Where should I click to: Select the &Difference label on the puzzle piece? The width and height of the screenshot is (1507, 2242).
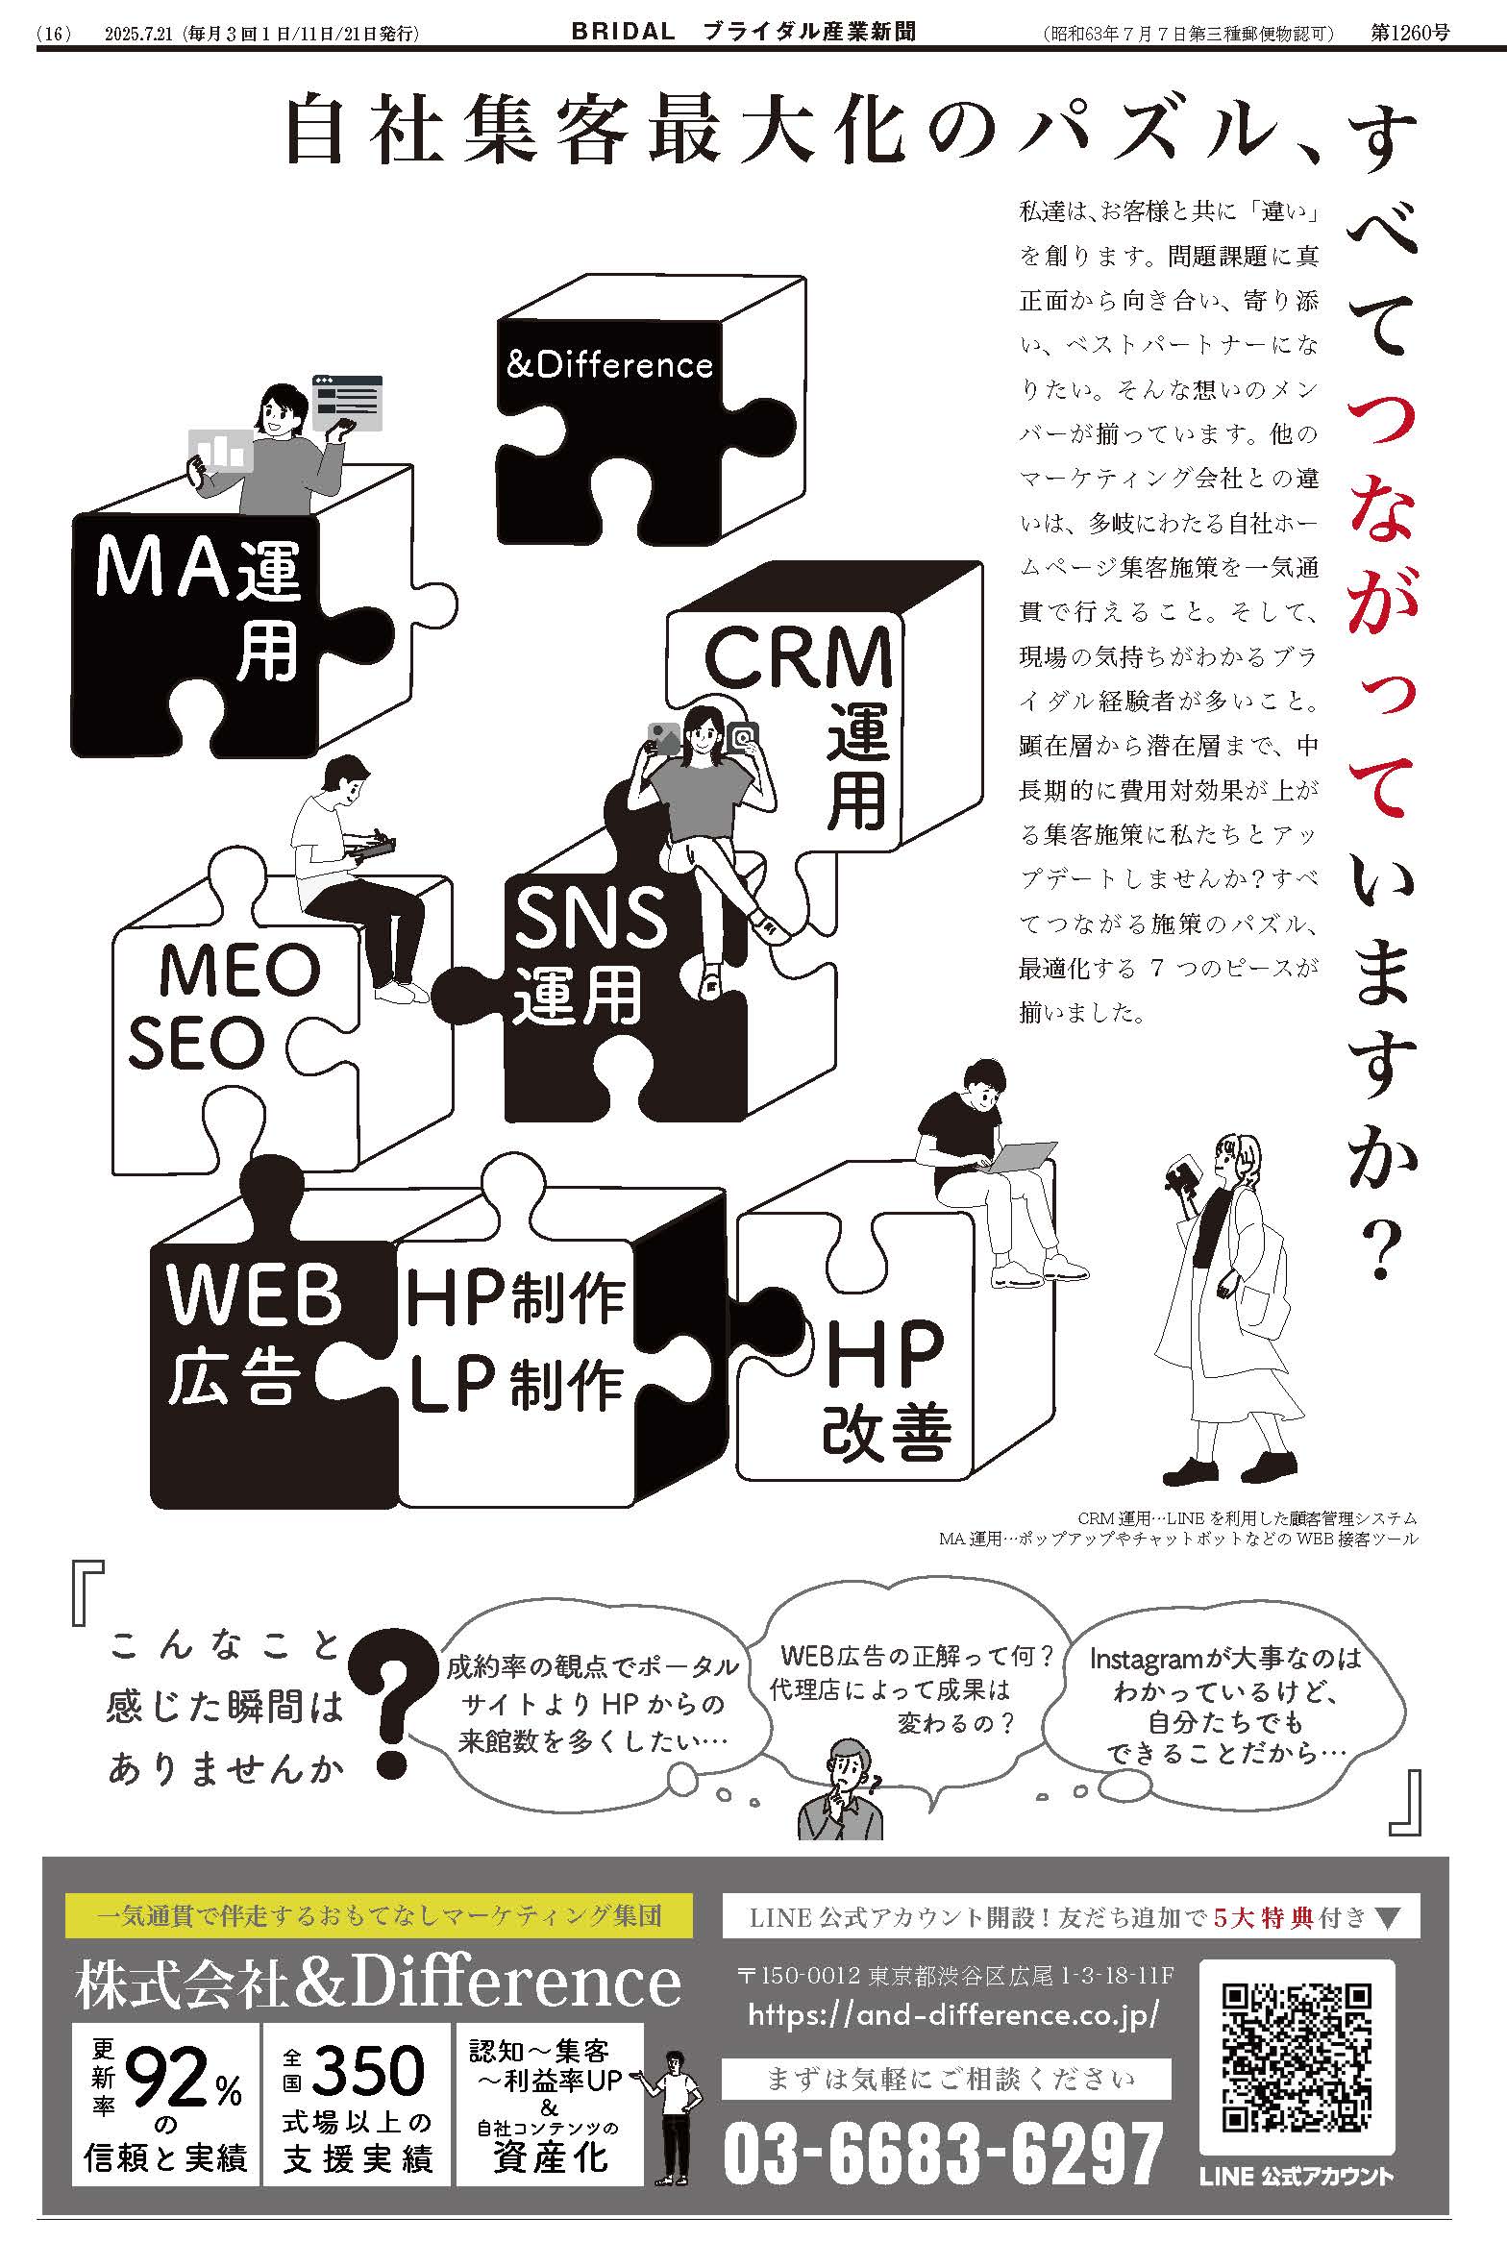click(x=609, y=364)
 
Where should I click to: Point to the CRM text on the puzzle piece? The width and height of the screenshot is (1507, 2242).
click(x=798, y=656)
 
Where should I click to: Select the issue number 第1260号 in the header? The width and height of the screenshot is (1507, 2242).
click(x=1409, y=33)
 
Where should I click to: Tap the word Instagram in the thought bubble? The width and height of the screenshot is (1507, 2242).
click(x=1144, y=1659)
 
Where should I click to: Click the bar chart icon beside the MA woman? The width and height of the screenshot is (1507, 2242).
click(x=222, y=449)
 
